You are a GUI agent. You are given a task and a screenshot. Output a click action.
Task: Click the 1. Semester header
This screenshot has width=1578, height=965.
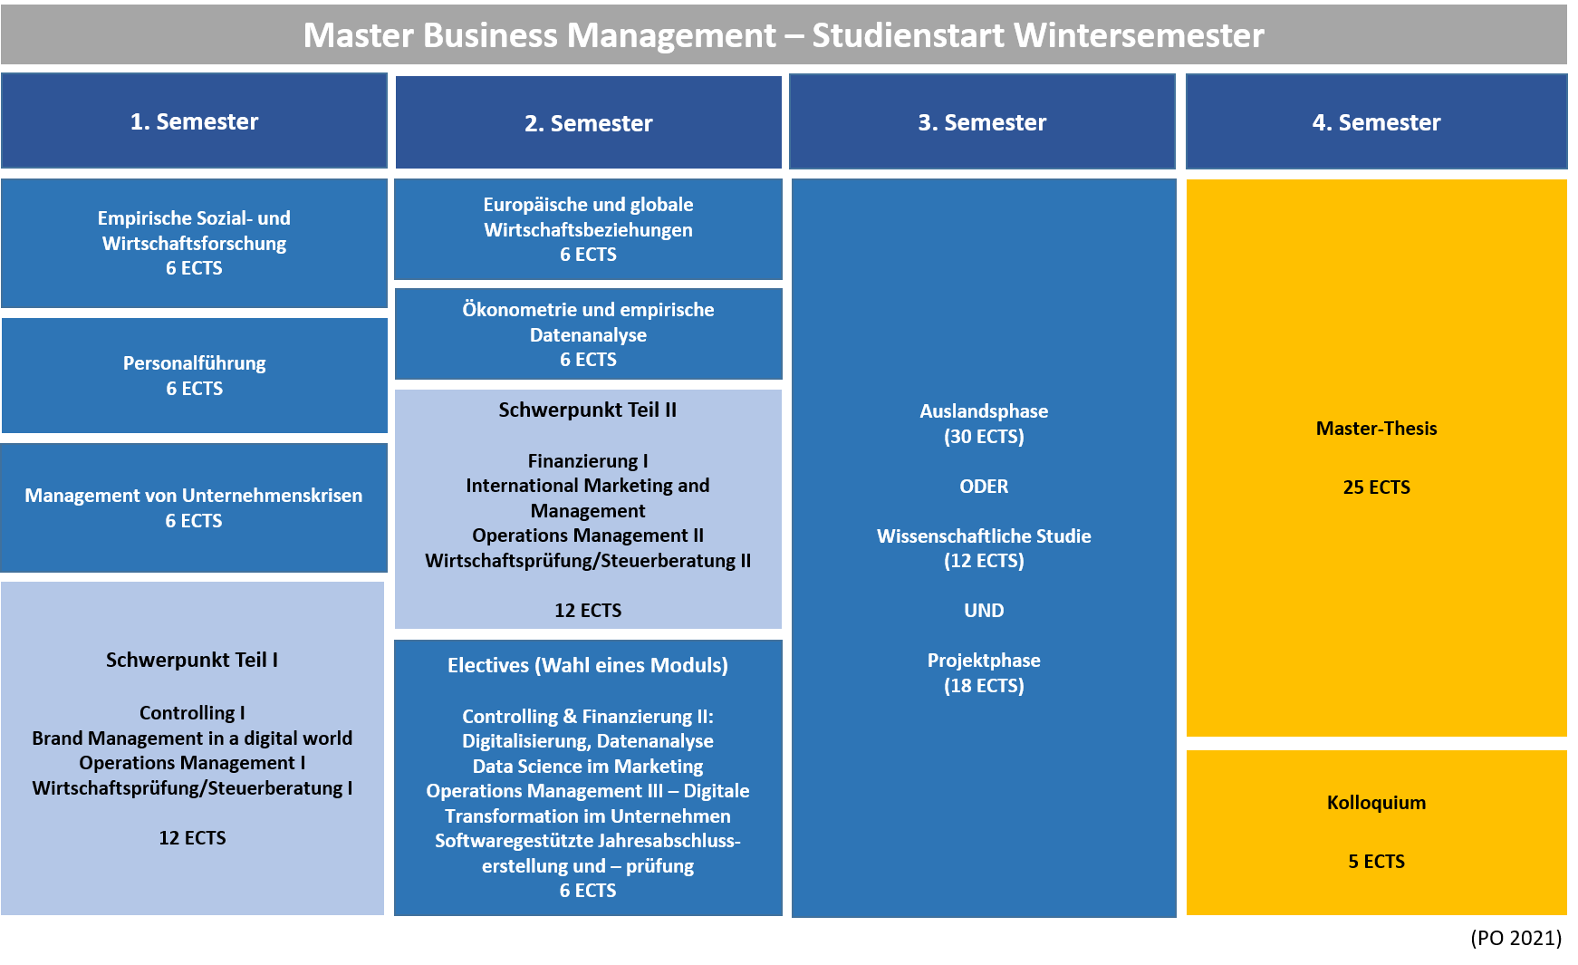194,121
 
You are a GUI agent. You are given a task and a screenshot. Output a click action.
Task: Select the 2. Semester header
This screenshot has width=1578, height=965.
589,122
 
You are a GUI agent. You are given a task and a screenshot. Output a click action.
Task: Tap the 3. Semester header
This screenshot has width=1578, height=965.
982,121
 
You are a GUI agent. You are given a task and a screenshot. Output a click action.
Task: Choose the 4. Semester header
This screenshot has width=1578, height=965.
1376,121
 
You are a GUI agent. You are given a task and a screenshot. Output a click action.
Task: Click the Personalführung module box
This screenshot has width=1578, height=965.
195,375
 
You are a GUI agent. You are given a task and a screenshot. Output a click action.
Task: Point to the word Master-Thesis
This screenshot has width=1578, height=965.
1376,429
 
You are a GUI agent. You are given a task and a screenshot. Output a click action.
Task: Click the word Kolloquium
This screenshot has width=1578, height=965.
1376,803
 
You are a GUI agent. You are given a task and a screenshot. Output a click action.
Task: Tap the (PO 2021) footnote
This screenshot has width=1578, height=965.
1515,938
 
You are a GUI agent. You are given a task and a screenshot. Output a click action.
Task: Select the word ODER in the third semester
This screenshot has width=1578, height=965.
984,487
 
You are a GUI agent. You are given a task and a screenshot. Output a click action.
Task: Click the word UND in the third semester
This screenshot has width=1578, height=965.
984,611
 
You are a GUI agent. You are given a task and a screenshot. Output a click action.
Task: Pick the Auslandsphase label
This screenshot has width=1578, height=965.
984,411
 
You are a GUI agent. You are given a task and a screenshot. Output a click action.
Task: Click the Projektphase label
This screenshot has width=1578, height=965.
984,661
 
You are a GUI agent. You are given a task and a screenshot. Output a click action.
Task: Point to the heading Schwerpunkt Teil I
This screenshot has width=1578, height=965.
192,660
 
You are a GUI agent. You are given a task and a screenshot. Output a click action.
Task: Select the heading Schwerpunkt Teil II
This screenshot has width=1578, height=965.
588,410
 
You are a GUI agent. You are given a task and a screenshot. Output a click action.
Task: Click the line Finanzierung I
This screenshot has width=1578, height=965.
588,461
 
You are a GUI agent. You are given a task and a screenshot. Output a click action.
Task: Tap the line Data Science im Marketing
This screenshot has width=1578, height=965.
588,767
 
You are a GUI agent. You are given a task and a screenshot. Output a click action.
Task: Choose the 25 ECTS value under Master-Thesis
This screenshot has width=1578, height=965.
1376,487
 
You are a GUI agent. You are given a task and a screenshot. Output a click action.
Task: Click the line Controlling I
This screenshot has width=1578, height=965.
192,713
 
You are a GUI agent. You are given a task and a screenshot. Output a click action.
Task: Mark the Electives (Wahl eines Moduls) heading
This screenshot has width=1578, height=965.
588,665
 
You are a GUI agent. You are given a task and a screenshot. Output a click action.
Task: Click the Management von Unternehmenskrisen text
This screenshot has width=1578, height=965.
194,496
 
